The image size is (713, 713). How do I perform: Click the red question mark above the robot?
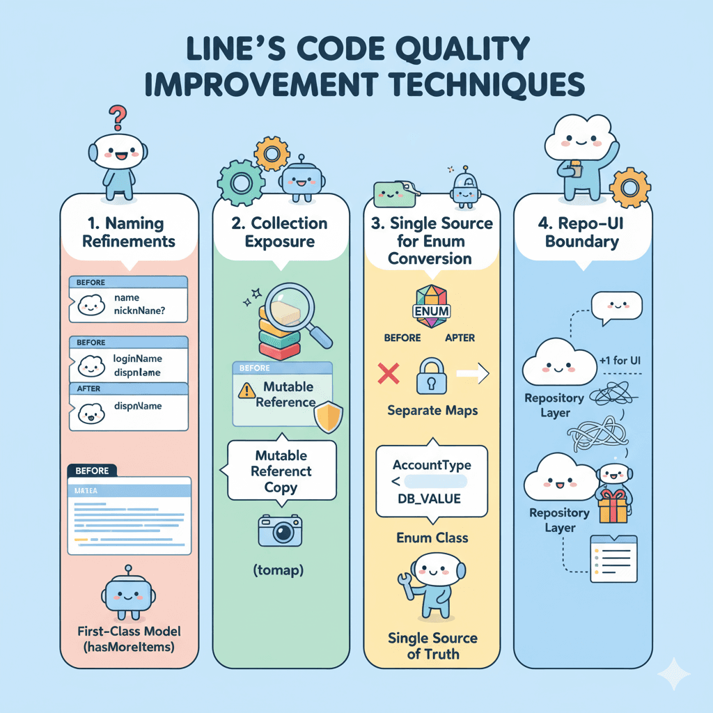pos(119,116)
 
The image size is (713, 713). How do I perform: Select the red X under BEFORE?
pos(387,374)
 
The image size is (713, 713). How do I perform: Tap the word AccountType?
pos(432,464)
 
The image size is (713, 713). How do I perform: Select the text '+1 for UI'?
pos(619,361)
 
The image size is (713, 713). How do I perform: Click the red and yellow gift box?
pos(612,507)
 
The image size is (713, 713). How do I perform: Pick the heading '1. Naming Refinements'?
pos(129,233)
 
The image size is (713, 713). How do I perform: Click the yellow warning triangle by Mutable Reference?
pos(246,391)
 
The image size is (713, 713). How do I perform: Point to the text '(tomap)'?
pos(281,571)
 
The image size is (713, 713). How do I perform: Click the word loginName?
pos(137,359)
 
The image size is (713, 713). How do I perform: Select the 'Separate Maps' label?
pos(432,410)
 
